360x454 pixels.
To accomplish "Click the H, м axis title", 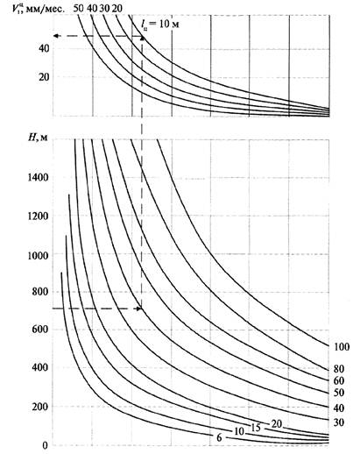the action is point(38,137).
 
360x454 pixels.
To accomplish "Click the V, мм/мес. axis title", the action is point(38,8).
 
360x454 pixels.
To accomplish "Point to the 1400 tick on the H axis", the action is point(38,177).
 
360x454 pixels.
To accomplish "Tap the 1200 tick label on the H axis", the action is point(38,216).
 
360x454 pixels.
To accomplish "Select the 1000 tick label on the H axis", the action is point(38,256).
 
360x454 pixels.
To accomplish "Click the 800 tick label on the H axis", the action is point(40,292).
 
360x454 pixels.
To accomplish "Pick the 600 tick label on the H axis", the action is point(40,330).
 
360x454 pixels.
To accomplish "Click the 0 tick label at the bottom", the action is point(45,445).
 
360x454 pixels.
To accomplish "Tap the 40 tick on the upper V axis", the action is point(44,48).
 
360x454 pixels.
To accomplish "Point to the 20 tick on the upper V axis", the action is point(44,77).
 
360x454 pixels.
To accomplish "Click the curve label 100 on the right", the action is point(342,347).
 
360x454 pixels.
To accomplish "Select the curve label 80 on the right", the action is point(339,369).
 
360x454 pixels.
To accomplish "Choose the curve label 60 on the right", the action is point(339,380).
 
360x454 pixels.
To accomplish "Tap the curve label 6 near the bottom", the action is point(219,437).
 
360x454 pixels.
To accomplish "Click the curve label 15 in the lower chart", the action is point(255,428).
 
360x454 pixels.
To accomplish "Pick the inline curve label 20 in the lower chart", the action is point(276,423).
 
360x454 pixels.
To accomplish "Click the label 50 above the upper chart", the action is point(78,8).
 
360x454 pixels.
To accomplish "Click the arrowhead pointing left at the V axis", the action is point(56,36).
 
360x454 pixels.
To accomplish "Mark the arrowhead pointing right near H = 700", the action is point(138,309).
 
